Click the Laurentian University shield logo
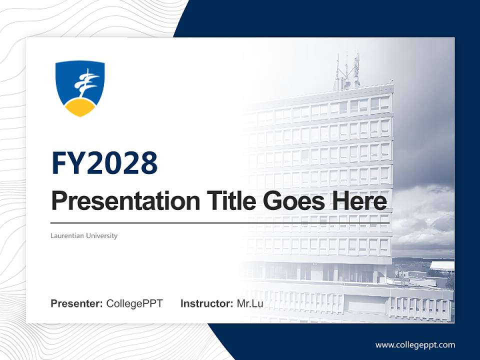click(x=80, y=88)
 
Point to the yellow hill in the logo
click(x=80, y=107)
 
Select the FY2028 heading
click(x=104, y=163)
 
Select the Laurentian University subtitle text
click(x=84, y=235)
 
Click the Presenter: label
click(x=77, y=303)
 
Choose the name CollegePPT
click(x=134, y=303)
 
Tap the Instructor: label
click(x=206, y=303)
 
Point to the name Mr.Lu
click(x=250, y=303)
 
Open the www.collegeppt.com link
click(x=415, y=344)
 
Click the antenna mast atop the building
click(x=347, y=70)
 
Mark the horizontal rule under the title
click(x=220, y=223)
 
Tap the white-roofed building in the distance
click(x=442, y=265)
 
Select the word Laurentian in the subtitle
click(x=67, y=235)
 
